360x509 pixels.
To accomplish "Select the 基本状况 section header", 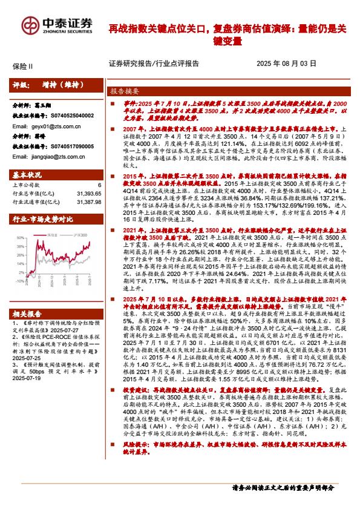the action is click(27, 175).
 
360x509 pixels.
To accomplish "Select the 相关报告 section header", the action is click(27, 313).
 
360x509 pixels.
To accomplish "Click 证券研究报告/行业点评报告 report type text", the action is click(149, 63).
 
